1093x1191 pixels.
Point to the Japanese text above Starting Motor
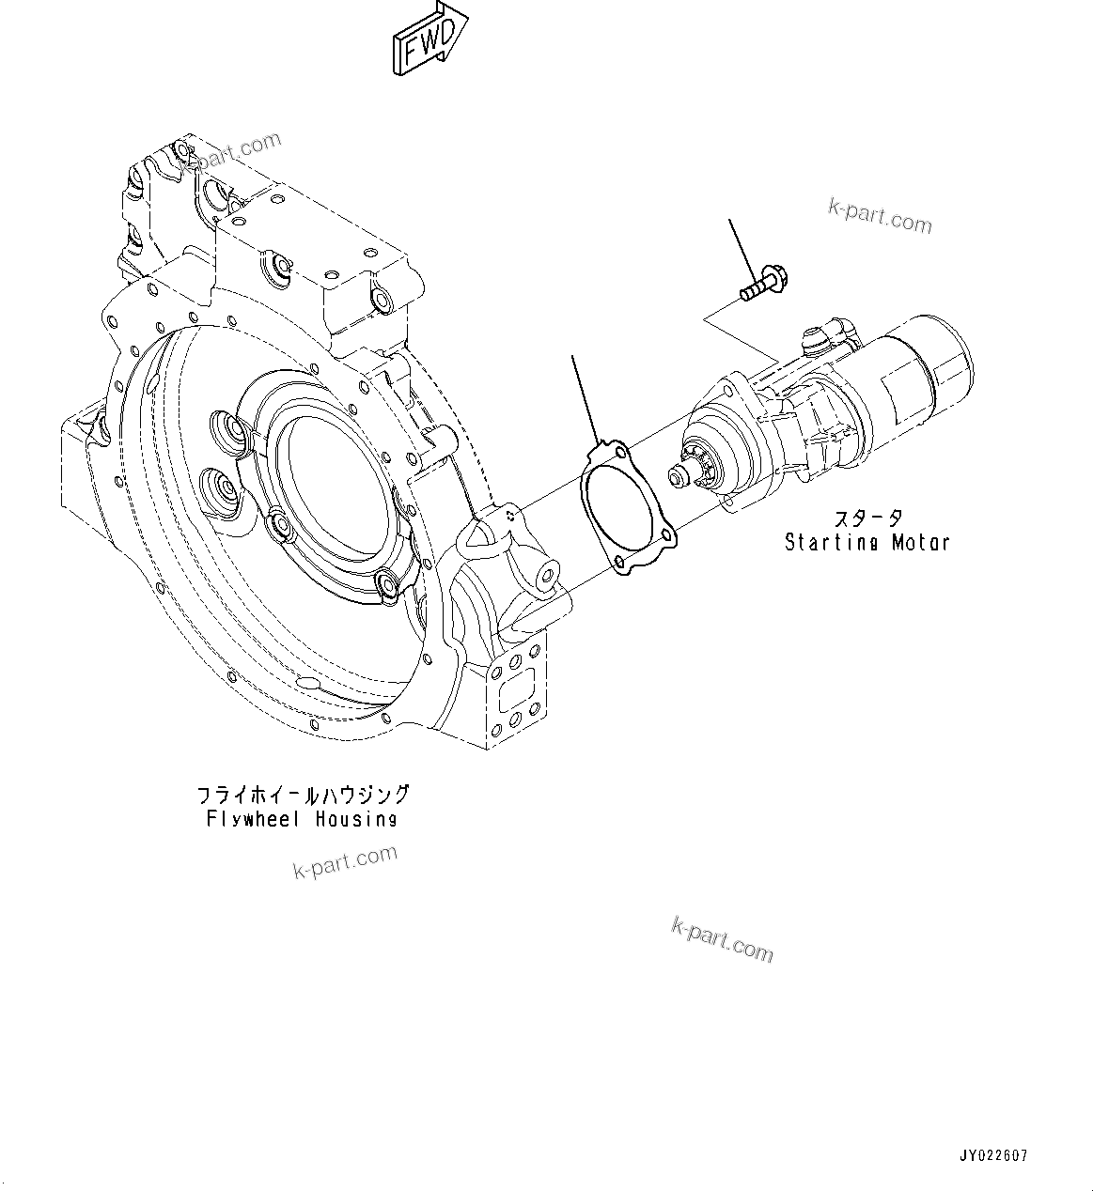coord(867,518)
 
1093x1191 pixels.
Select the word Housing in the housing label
coord(356,819)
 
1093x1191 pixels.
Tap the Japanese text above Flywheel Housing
coord(303,795)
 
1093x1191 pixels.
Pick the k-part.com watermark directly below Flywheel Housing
coord(345,861)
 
